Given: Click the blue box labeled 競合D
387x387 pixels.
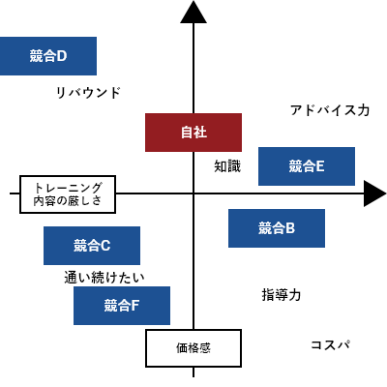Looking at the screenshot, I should coord(47,56).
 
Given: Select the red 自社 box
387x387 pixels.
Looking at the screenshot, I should coord(193,133).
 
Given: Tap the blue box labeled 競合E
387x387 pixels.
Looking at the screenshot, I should coord(307,166).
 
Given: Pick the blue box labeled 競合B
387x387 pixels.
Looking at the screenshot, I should coord(276,228).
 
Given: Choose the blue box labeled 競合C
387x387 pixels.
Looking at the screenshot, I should coord(92,246).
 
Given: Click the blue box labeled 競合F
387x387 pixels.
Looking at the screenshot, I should coord(122,306).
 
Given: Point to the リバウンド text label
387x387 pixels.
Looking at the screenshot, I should coord(88,93).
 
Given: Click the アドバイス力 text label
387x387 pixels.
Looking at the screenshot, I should coord(330,110).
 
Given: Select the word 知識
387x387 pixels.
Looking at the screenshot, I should coord(227,166).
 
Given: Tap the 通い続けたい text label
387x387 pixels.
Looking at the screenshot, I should coord(104,278).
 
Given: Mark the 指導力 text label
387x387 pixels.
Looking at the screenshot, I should coord(282,294).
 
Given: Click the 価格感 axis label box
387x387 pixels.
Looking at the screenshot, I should coord(193,348).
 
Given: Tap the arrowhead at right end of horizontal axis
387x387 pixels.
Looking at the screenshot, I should coord(374,193).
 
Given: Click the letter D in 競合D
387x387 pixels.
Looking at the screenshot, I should coord(62,56).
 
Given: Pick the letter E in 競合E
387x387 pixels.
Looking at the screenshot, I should coord(319,166).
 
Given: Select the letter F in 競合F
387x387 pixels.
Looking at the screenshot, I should coord(135,306).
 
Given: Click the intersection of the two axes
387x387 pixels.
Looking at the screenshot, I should coord(193,193).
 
